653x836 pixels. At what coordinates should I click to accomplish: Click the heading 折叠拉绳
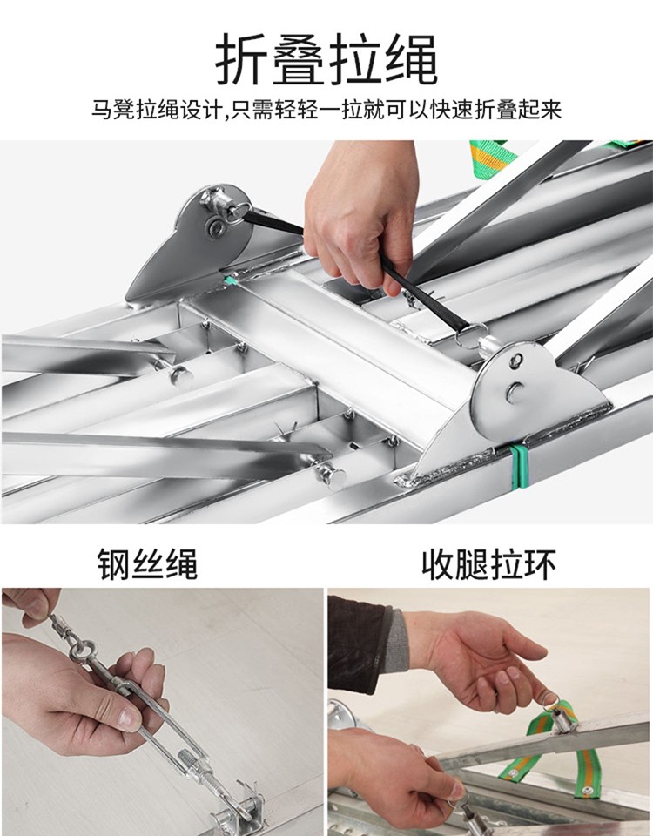tap(326, 59)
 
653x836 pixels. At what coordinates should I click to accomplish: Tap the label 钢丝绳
tap(148, 564)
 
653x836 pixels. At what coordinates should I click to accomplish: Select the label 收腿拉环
tap(488, 564)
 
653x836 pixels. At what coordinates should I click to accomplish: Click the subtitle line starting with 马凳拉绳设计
tap(326, 110)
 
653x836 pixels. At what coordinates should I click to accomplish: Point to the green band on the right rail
tap(515, 468)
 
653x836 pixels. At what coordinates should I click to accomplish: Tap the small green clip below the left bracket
tap(231, 280)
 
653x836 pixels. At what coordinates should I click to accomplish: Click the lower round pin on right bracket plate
tap(515, 393)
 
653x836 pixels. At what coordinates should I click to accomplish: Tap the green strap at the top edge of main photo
tap(494, 156)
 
